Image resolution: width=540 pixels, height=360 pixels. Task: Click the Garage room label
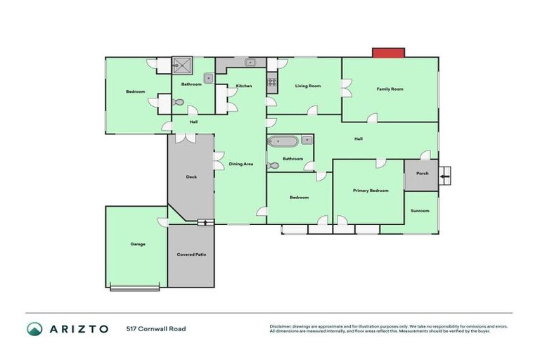137,244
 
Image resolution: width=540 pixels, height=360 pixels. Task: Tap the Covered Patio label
191,254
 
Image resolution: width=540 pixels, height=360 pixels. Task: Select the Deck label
191,177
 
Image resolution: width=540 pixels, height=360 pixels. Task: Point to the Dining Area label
241,164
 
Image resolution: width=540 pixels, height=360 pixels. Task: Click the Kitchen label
244,86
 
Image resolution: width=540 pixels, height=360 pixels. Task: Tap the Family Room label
390,89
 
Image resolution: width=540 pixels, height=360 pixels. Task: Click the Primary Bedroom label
370,191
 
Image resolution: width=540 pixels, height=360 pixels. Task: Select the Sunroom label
420,211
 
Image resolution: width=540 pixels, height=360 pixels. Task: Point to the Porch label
422,173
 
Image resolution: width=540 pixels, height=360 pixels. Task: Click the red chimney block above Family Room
389,53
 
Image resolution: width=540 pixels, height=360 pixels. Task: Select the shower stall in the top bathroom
184,65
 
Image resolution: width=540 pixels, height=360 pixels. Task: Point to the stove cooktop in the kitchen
272,84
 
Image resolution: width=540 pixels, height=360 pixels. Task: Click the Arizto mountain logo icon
34,328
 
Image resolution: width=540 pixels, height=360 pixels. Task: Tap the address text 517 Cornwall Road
156,328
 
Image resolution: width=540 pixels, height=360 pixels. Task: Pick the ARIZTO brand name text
78,328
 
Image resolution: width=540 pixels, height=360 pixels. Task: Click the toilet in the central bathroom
273,167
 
